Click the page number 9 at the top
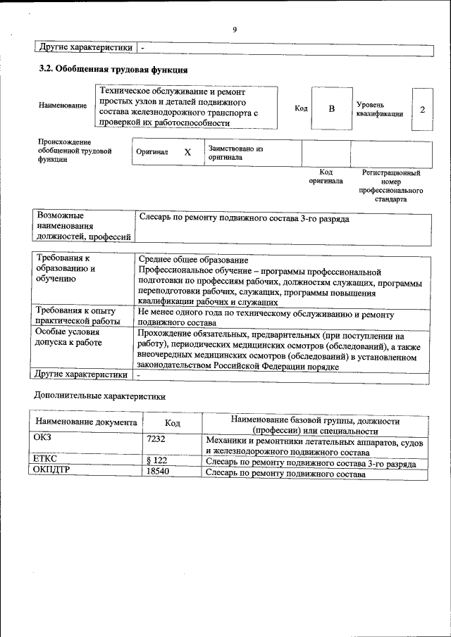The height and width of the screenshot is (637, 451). [235, 29]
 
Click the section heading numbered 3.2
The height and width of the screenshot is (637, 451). [113, 70]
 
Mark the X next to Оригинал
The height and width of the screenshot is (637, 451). [187, 152]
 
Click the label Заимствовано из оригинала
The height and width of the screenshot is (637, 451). [235, 153]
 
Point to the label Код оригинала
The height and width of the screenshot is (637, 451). [326, 176]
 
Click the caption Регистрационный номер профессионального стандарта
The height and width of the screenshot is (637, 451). [390, 186]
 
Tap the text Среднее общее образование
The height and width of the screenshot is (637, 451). [194, 260]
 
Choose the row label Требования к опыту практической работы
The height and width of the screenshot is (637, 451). [80, 315]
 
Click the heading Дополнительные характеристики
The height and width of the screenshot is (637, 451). [100, 396]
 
